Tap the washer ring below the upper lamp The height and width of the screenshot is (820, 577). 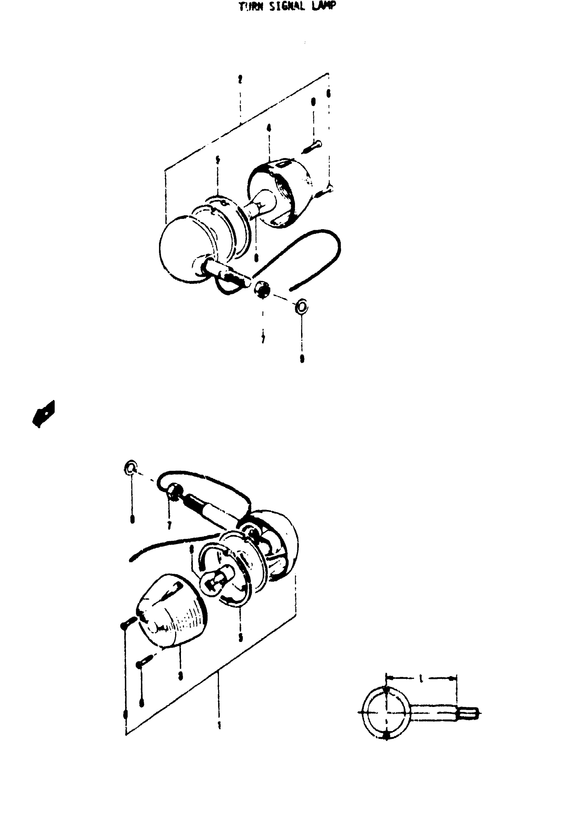[x=301, y=306]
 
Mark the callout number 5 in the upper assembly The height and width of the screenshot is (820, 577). [x=218, y=160]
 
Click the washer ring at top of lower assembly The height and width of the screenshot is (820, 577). [x=131, y=467]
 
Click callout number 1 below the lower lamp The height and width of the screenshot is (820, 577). [x=219, y=725]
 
